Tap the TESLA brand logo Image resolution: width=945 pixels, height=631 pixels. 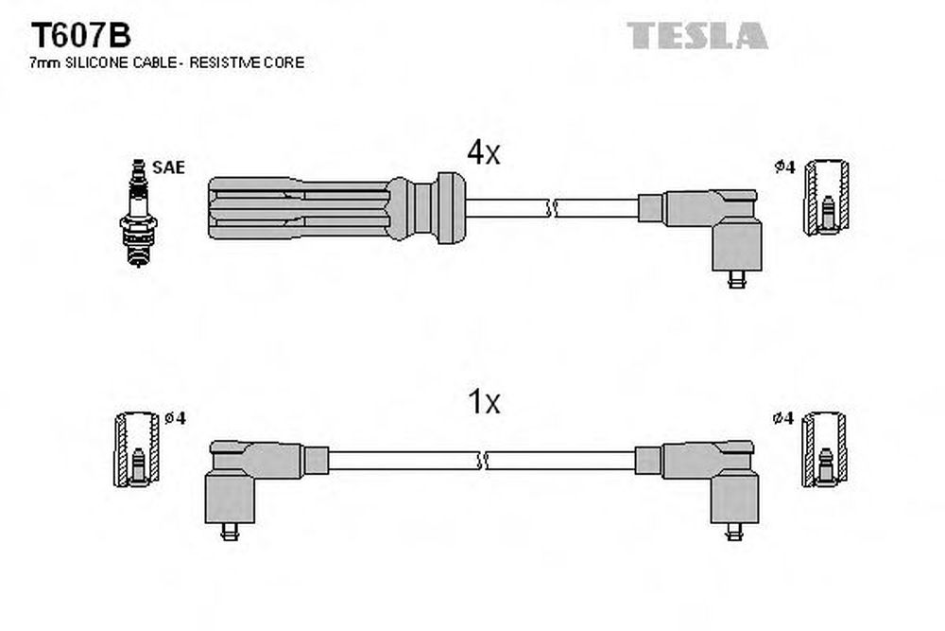(x=698, y=35)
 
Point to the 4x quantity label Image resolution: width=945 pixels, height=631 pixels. (x=483, y=152)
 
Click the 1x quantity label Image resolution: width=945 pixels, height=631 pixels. (x=484, y=403)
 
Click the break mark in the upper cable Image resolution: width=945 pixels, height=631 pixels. (x=552, y=207)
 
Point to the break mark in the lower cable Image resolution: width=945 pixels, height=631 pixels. (x=483, y=461)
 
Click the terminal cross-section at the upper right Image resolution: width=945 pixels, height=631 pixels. (x=826, y=198)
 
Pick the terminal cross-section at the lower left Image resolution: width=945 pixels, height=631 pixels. (x=134, y=450)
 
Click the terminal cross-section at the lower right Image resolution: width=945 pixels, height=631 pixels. (x=823, y=450)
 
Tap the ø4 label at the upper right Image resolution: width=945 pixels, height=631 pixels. (x=784, y=167)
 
